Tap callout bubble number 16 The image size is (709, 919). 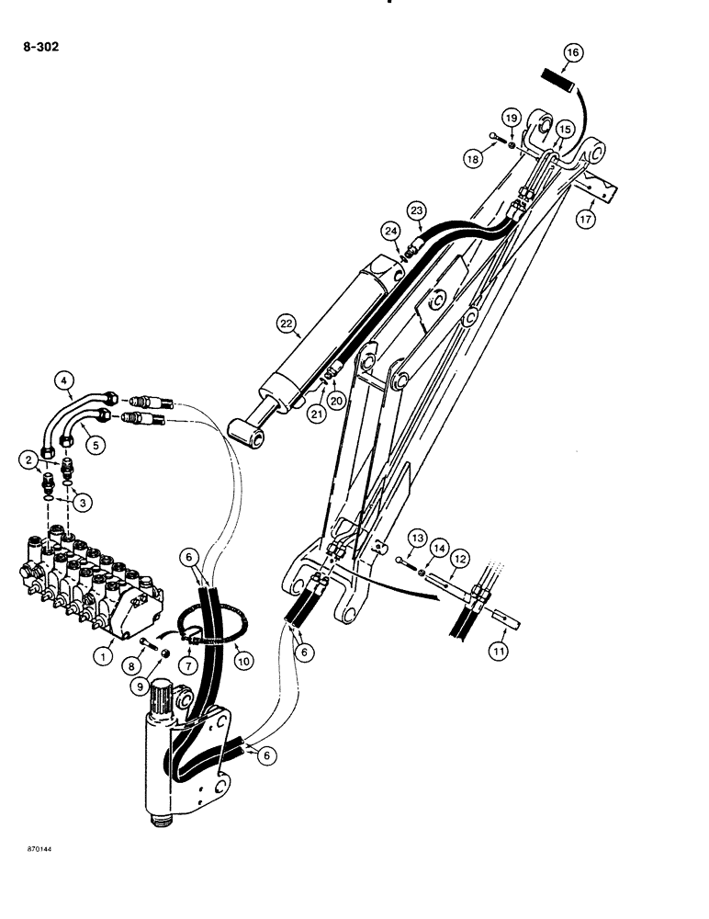point(571,53)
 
